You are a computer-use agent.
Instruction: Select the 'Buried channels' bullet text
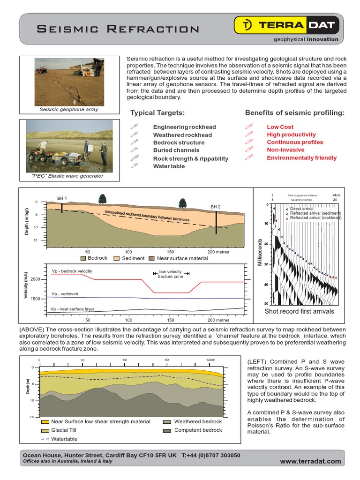tap(176, 150)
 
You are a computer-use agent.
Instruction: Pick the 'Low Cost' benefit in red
tap(280, 127)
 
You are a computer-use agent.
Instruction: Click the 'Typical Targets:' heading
tap(157, 113)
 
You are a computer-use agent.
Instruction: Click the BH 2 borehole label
tap(215, 207)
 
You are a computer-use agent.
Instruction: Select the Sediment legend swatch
tap(117, 258)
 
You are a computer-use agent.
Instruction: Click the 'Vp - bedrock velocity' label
tap(72, 271)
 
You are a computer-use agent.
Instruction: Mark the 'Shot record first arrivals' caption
tap(299, 311)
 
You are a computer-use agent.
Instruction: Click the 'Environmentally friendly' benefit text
tap(301, 158)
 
